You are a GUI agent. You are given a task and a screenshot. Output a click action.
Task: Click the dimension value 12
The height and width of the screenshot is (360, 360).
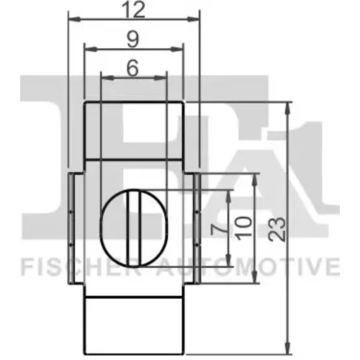134,10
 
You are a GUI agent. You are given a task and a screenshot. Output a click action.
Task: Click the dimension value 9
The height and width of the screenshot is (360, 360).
132,40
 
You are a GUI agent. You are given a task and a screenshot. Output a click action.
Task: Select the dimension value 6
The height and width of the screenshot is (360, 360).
132,68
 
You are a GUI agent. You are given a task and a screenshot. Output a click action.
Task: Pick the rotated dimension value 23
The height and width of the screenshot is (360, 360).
277,229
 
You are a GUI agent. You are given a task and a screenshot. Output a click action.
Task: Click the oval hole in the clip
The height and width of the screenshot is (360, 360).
135,228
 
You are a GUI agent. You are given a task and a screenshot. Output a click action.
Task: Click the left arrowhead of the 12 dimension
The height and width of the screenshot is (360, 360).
74,19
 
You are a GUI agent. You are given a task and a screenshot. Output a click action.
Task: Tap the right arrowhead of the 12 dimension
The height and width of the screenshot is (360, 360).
193,19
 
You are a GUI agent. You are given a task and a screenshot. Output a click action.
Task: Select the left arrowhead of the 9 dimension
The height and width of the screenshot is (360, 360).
91,49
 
